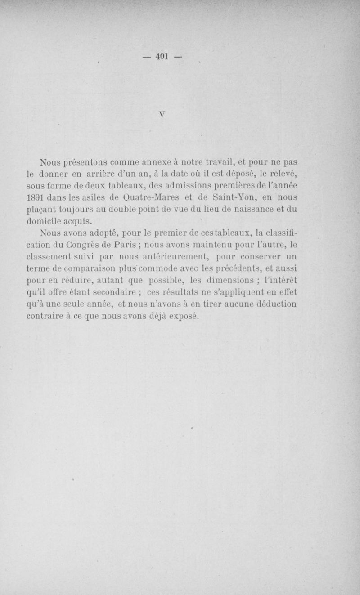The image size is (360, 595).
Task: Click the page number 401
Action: (162, 57)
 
